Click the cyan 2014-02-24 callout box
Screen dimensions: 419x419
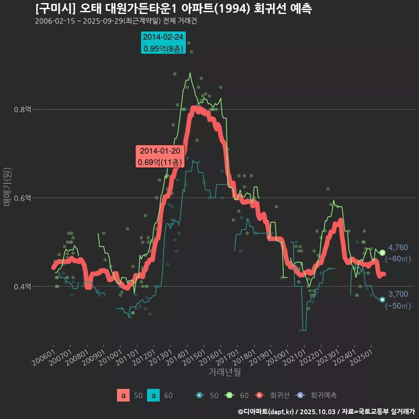164,43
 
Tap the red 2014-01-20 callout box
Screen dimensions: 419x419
160,157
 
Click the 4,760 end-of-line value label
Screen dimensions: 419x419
398,248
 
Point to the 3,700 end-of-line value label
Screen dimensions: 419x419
398,294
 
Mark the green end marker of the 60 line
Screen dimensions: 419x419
382,253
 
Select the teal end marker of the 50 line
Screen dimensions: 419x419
382,299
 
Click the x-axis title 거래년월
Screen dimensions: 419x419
224,372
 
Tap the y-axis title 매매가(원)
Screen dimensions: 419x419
7,186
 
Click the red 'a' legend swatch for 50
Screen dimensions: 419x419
124,395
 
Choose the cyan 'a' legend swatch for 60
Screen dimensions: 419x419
153,395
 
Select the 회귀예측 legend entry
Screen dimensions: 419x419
323,395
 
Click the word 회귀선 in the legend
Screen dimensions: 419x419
280,395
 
